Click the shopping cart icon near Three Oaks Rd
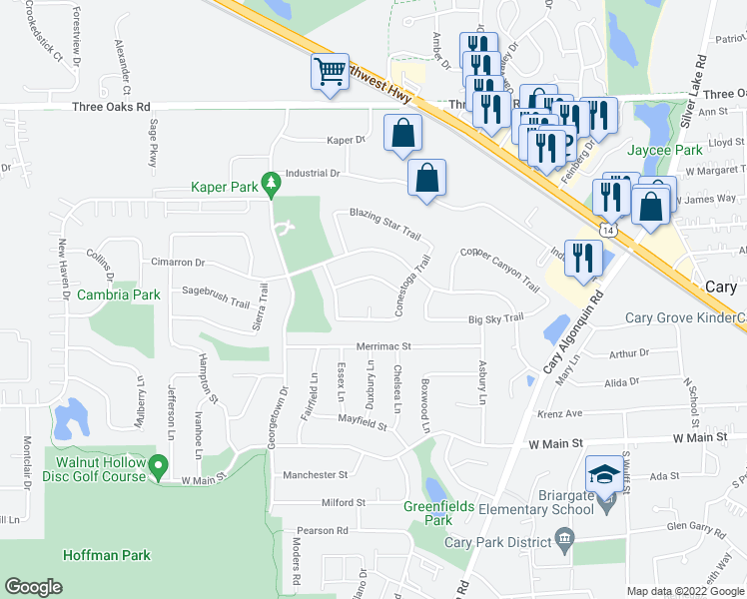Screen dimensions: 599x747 point(331,72)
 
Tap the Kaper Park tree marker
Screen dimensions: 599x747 point(270,185)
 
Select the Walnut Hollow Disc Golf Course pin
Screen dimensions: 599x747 point(158,466)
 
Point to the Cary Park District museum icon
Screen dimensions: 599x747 point(565,541)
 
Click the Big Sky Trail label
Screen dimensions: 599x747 point(496,317)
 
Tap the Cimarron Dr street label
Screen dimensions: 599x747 point(178,263)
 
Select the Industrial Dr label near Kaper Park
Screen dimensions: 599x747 point(314,173)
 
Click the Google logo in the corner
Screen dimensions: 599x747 point(34,586)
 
